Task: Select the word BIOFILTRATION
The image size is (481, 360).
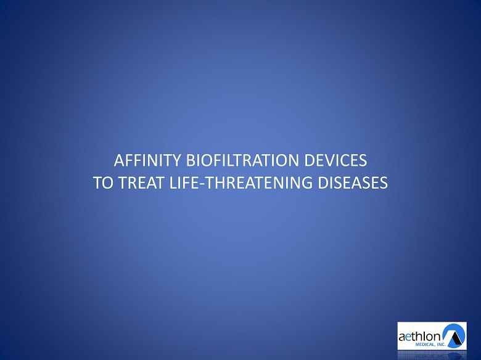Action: (x=242, y=160)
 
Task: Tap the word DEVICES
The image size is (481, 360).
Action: (x=335, y=160)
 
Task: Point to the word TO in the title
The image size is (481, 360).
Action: (x=104, y=182)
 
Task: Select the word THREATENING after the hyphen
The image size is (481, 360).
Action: (x=258, y=182)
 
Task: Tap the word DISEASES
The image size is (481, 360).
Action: (x=353, y=182)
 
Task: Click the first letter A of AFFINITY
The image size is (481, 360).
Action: (x=119, y=160)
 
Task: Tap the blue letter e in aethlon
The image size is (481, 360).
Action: (x=408, y=337)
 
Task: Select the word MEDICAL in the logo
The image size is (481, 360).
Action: (x=424, y=345)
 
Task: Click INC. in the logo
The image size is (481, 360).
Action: (x=440, y=345)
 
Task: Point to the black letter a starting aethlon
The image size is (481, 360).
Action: (x=401, y=337)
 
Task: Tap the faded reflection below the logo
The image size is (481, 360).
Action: (x=432, y=355)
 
